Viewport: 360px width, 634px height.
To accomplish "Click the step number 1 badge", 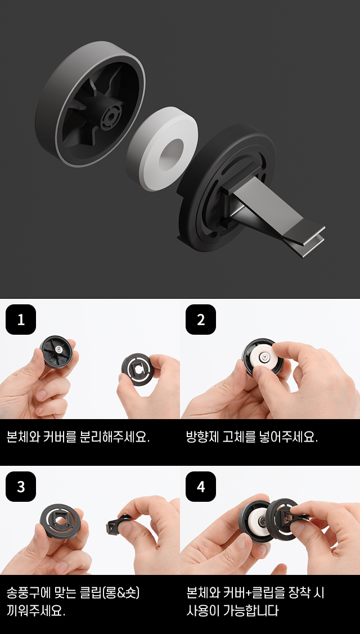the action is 21,320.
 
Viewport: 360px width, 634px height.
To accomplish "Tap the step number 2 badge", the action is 201,320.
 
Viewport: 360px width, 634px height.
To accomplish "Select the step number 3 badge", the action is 21,487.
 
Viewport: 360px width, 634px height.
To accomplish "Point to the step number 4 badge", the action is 201,487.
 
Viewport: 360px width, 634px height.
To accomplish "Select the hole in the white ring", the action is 172,154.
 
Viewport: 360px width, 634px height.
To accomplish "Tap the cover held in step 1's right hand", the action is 137,369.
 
